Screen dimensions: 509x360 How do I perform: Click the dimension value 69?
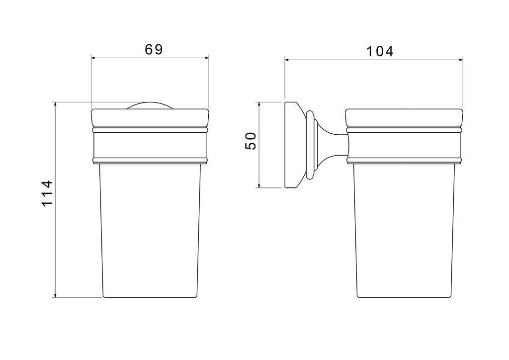pos(154,49)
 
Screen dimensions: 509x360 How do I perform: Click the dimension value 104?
pos(380,51)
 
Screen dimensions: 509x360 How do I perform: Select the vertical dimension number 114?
pos(47,193)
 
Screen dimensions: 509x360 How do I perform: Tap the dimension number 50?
pos(251,141)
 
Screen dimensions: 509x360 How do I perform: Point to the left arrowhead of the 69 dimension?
pos(93,58)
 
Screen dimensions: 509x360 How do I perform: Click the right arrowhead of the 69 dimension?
pos(206,58)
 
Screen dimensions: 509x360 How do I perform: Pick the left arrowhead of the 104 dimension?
pos(287,59)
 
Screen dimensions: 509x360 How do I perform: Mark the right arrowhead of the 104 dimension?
pos(460,59)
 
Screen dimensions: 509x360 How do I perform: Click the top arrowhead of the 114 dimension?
pos(56,104)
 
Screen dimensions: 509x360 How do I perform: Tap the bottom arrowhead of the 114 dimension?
pos(56,295)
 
